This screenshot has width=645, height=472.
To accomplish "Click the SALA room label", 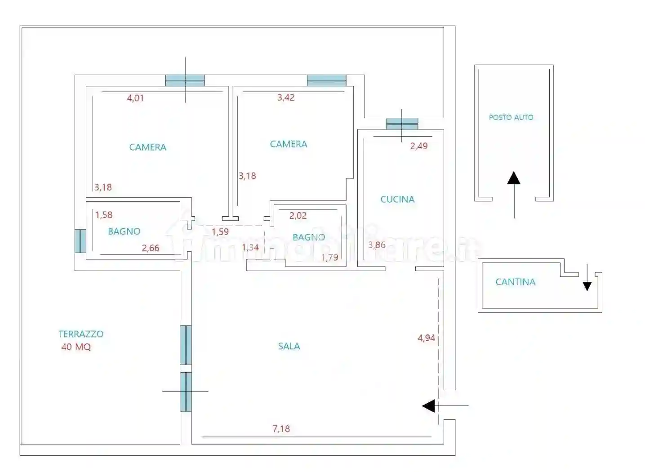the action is [289, 346].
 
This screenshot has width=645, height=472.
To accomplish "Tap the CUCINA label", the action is [397, 199].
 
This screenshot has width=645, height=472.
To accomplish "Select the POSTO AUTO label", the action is [511, 117].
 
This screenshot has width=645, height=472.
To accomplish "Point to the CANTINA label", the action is [516, 282].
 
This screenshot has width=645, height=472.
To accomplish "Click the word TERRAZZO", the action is [81, 334].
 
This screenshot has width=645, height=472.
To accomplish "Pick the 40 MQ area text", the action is [76, 347].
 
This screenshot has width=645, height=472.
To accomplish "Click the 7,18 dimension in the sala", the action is [281, 429].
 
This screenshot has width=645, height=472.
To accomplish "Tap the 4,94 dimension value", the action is [426, 338].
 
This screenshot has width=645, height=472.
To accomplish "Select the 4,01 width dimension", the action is [135, 98].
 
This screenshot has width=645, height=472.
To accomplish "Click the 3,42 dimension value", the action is [286, 98].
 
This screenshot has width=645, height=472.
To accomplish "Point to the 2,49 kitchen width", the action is [419, 146].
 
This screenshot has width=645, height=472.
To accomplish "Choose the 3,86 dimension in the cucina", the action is [377, 245].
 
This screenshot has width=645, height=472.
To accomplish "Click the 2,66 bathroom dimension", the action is [151, 248].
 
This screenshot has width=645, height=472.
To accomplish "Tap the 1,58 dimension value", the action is [104, 215].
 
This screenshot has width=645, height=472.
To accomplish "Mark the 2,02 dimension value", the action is [298, 216].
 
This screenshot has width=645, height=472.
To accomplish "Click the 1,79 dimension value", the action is [330, 258].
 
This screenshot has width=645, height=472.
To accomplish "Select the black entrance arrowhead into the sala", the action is [428, 406].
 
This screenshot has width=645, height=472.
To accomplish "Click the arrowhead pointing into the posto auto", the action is [514, 178].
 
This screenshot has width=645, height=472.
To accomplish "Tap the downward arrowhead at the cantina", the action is [587, 286].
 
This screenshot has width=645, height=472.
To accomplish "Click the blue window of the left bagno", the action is [80, 241].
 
